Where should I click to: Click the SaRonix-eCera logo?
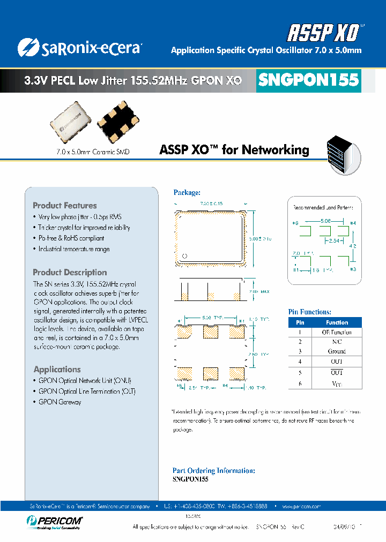point(79,47)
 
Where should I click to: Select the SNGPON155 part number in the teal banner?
point(308,80)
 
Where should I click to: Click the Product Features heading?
point(65,206)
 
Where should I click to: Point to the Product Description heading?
point(70,272)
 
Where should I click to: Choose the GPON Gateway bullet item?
point(60,402)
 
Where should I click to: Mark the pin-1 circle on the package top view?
point(185,255)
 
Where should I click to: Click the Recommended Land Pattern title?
point(326,207)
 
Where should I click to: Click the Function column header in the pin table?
point(337,322)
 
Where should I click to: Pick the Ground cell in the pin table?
point(337,351)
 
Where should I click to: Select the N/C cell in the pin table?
point(337,341)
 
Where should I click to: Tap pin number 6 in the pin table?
point(300,383)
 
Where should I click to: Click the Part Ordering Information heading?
point(213,470)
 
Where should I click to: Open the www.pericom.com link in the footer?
point(301,506)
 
